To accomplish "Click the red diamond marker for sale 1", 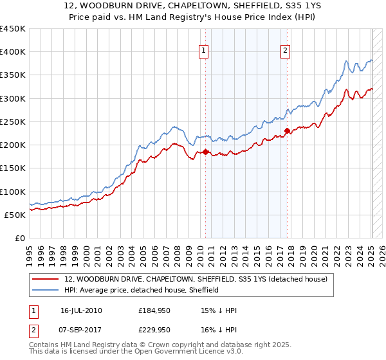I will click(x=206, y=152).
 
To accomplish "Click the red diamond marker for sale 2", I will click(x=287, y=130).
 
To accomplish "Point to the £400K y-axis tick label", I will click(x=13, y=52).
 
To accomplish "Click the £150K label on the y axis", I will click(x=13, y=168).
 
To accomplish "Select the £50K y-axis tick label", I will click(x=15, y=215).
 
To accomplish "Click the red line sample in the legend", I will click(x=46, y=279).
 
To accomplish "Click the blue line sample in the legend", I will click(x=46, y=290).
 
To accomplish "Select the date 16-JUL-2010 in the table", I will click(x=81, y=310).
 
